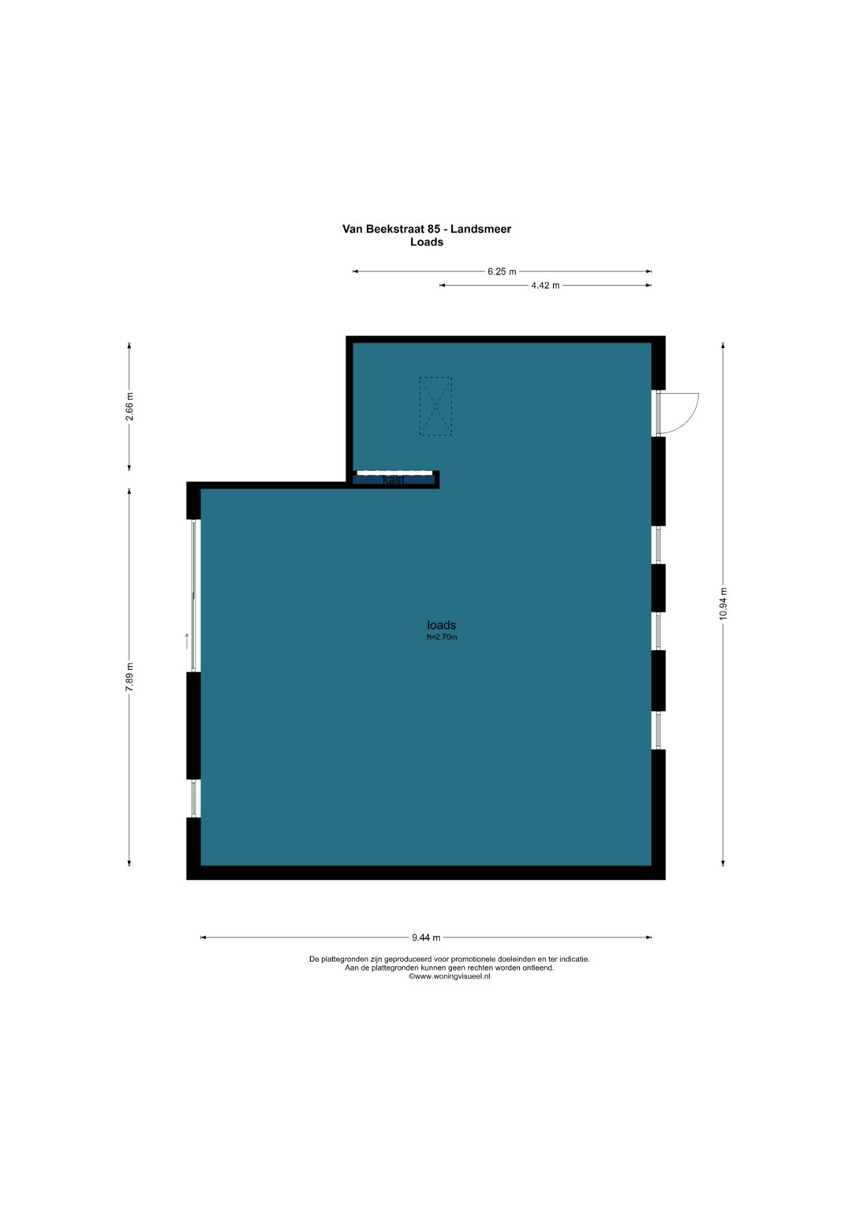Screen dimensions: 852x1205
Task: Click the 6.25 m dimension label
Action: click(x=501, y=271)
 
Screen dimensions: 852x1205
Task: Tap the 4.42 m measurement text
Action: click(x=545, y=286)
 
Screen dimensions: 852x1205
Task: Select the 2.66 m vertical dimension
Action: click(x=129, y=407)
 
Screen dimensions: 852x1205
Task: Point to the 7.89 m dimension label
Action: click(x=129, y=679)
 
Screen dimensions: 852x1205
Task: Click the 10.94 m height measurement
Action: click(x=723, y=604)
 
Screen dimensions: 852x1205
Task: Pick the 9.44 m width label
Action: click(x=426, y=937)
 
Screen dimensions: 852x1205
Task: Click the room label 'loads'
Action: click(x=441, y=624)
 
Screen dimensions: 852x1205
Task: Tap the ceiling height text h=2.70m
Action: click(x=442, y=638)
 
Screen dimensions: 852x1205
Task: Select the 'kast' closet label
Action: click(x=393, y=480)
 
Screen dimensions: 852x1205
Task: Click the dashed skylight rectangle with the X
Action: click(x=435, y=406)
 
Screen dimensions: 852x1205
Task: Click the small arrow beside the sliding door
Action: click(x=187, y=642)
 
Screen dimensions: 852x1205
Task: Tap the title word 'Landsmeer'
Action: click(x=481, y=229)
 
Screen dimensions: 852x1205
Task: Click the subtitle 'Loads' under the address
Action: click(x=427, y=242)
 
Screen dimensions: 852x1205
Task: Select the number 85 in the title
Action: click(x=434, y=229)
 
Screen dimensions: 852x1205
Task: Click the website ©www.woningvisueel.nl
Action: click(x=449, y=976)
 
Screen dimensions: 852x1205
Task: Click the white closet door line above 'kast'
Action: click(x=395, y=473)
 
